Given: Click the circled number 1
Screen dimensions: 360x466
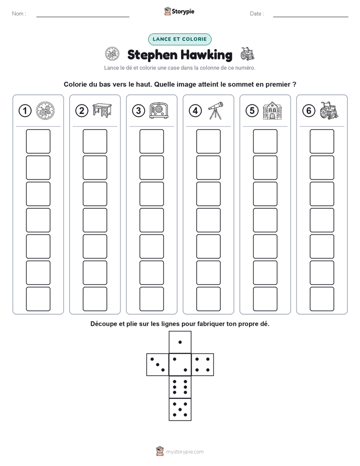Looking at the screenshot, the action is tap(25, 111).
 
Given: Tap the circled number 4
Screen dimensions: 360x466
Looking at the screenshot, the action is tap(195, 111).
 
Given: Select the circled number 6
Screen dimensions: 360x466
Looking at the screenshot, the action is tap(309, 111).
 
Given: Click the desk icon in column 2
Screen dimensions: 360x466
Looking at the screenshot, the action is tap(102, 110).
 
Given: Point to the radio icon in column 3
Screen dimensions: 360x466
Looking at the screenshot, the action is tap(159, 110).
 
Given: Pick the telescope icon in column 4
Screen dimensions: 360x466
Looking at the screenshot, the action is tap(215, 110).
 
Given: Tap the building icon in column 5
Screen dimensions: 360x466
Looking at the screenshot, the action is tap(272, 110).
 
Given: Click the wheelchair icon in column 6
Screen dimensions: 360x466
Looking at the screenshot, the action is tap(329, 110).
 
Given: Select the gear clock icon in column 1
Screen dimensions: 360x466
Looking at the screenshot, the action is tap(45, 110).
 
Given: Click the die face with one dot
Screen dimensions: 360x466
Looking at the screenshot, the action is tap(180, 342).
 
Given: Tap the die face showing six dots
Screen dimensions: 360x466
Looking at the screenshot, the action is tap(180, 387).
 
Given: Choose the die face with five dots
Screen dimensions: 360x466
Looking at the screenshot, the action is tap(180, 409).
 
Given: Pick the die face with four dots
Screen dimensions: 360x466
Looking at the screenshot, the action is tap(202, 365).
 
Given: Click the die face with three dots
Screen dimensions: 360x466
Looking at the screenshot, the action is tap(158, 365).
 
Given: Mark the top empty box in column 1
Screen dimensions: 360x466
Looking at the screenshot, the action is tap(38, 141).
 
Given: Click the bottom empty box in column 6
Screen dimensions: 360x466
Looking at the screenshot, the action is tap(322, 299).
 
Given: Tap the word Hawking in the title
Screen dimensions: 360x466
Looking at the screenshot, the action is tap(206, 55).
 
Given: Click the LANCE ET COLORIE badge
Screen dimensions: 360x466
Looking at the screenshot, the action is tap(179, 39).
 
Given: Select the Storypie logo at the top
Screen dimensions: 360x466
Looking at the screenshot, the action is tap(179, 12).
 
